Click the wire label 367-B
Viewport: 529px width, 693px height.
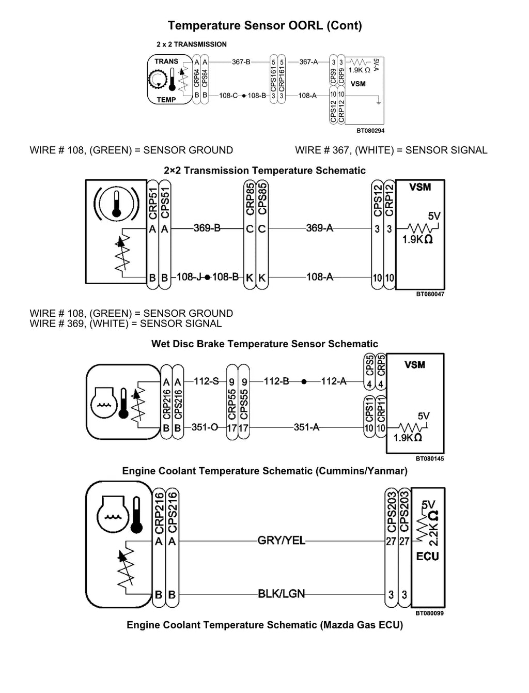click(x=241, y=62)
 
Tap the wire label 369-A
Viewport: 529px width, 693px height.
click(x=319, y=227)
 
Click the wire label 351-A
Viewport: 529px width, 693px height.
click(x=306, y=427)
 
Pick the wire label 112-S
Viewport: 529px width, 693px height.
click(x=206, y=381)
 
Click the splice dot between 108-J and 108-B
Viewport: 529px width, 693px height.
click(x=207, y=278)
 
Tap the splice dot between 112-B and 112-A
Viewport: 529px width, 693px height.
click(x=304, y=381)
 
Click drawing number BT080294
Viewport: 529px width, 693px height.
click(x=370, y=131)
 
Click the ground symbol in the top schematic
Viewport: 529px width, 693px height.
click(x=379, y=103)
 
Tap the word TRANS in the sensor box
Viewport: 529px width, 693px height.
click(x=166, y=61)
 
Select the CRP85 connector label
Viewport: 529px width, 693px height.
click(x=250, y=199)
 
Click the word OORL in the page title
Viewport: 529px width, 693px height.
click(x=305, y=25)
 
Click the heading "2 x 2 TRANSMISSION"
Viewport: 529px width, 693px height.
click(x=192, y=44)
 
